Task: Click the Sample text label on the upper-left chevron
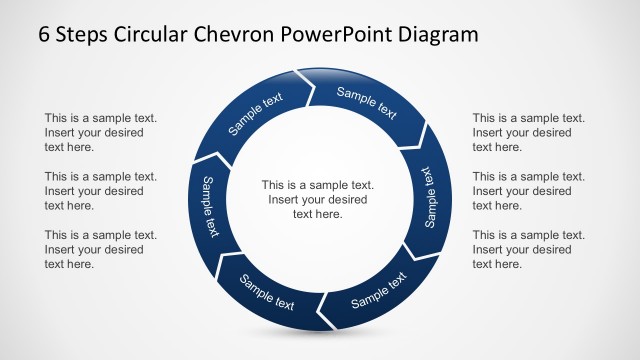[x=256, y=113]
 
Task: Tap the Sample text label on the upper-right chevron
[x=366, y=103]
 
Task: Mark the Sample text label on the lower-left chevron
[x=267, y=291]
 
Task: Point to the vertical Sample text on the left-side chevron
[x=210, y=206]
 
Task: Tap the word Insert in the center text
[x=285, y=199]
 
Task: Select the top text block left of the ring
[x=100, y=132]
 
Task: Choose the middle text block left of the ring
[x=100, y=191]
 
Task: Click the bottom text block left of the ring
[x=100, y=249]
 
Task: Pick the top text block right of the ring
[x=528, y=132]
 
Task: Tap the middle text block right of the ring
[x=528, y=191]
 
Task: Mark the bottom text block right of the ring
[x=528, y=249]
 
